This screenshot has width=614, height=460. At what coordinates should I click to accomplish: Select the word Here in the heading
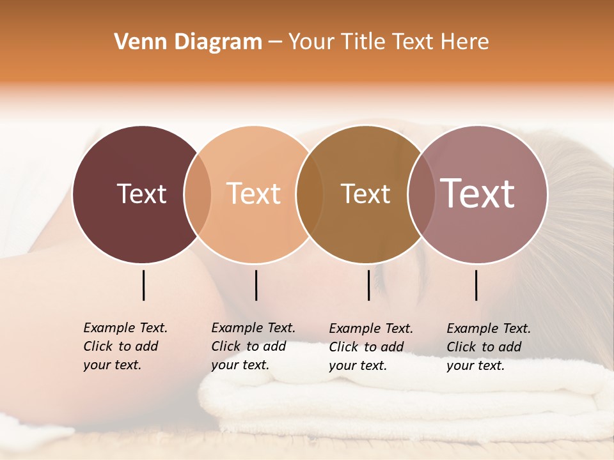tap(466, 42)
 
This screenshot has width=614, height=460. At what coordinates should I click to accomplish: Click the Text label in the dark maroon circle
tap(141, 194)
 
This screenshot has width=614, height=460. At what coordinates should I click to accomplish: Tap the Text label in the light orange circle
tap(254, 194)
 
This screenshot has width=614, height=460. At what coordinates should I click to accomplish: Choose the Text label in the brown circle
tap(365, 194)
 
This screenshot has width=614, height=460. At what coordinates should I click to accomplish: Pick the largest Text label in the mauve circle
tap(478, 194)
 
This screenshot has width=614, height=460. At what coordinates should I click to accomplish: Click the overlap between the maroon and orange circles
tap(198, 194)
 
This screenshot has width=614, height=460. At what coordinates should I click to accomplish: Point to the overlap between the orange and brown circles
tap(310, 194)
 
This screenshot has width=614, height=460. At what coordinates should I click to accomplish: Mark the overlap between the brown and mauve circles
tap(421, 194)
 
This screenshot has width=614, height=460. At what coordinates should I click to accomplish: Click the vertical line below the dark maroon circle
tap(143, 285)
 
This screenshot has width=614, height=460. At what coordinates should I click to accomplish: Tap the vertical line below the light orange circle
tap(256, 285)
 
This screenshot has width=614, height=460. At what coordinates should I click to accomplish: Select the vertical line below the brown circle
tap(368, 285)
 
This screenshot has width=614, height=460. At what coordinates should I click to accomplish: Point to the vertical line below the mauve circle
tap(476, 285)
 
